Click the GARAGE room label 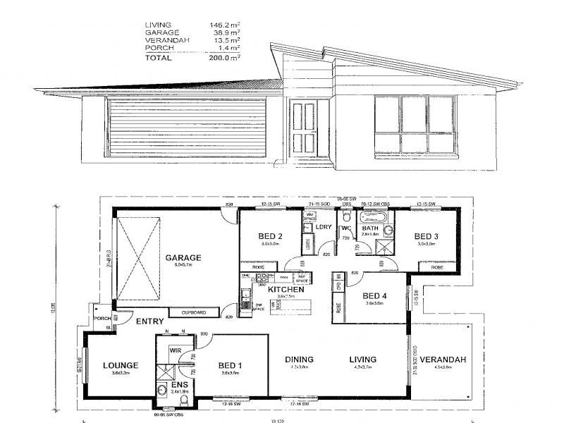(184, 257)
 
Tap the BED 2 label (251, 235)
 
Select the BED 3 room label (427, 235)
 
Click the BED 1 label (231, 364)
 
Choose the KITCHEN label (286, 289)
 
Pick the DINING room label (300, 360)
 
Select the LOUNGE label (119, 365)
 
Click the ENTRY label (149, 321)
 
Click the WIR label (176, 350)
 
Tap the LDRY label (324, 227)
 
